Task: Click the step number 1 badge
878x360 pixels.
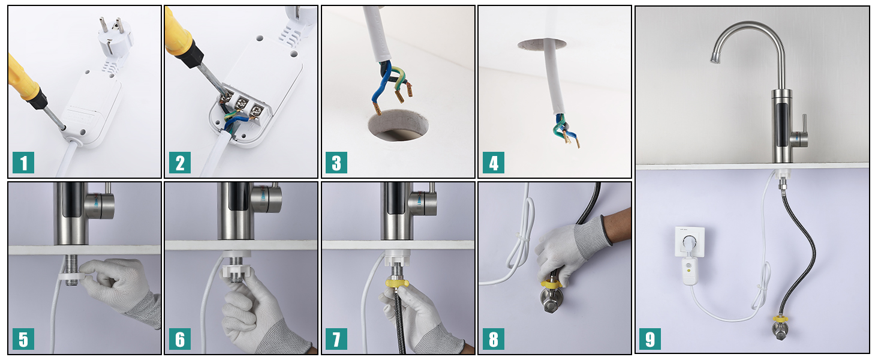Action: point(23,163)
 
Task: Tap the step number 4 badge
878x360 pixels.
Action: point(493,163)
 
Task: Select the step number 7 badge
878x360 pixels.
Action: point(336,339)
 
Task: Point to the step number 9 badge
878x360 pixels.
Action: point(650,339)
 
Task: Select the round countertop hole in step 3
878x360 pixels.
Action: point(398,125)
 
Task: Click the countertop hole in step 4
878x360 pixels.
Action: point(542,44)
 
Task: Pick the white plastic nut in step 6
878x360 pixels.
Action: point(235,271)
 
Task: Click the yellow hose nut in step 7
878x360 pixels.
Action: point(397,283)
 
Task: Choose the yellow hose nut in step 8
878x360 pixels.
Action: point(551,283)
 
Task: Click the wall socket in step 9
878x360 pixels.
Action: point(690,241)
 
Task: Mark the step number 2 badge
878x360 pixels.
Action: point(179,163)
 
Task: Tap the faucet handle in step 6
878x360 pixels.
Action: point(266,196)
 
